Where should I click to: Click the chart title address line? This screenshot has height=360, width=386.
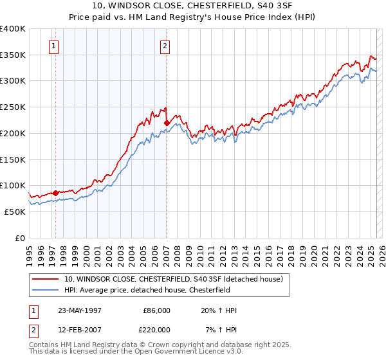(x=192, y=6)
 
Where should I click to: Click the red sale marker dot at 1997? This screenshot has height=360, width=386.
(x=55, y=192)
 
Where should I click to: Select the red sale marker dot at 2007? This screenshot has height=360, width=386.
(x=167, y=122)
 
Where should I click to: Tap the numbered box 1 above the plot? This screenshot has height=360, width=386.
(x=53, y=46)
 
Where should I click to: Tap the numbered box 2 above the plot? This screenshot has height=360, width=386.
(x=165, y=46)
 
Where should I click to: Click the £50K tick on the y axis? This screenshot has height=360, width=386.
(x=15, y=212)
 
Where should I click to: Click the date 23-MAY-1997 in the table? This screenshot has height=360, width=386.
(x=80, y=310)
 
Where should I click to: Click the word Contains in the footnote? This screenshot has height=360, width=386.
(x=44, y=345)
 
